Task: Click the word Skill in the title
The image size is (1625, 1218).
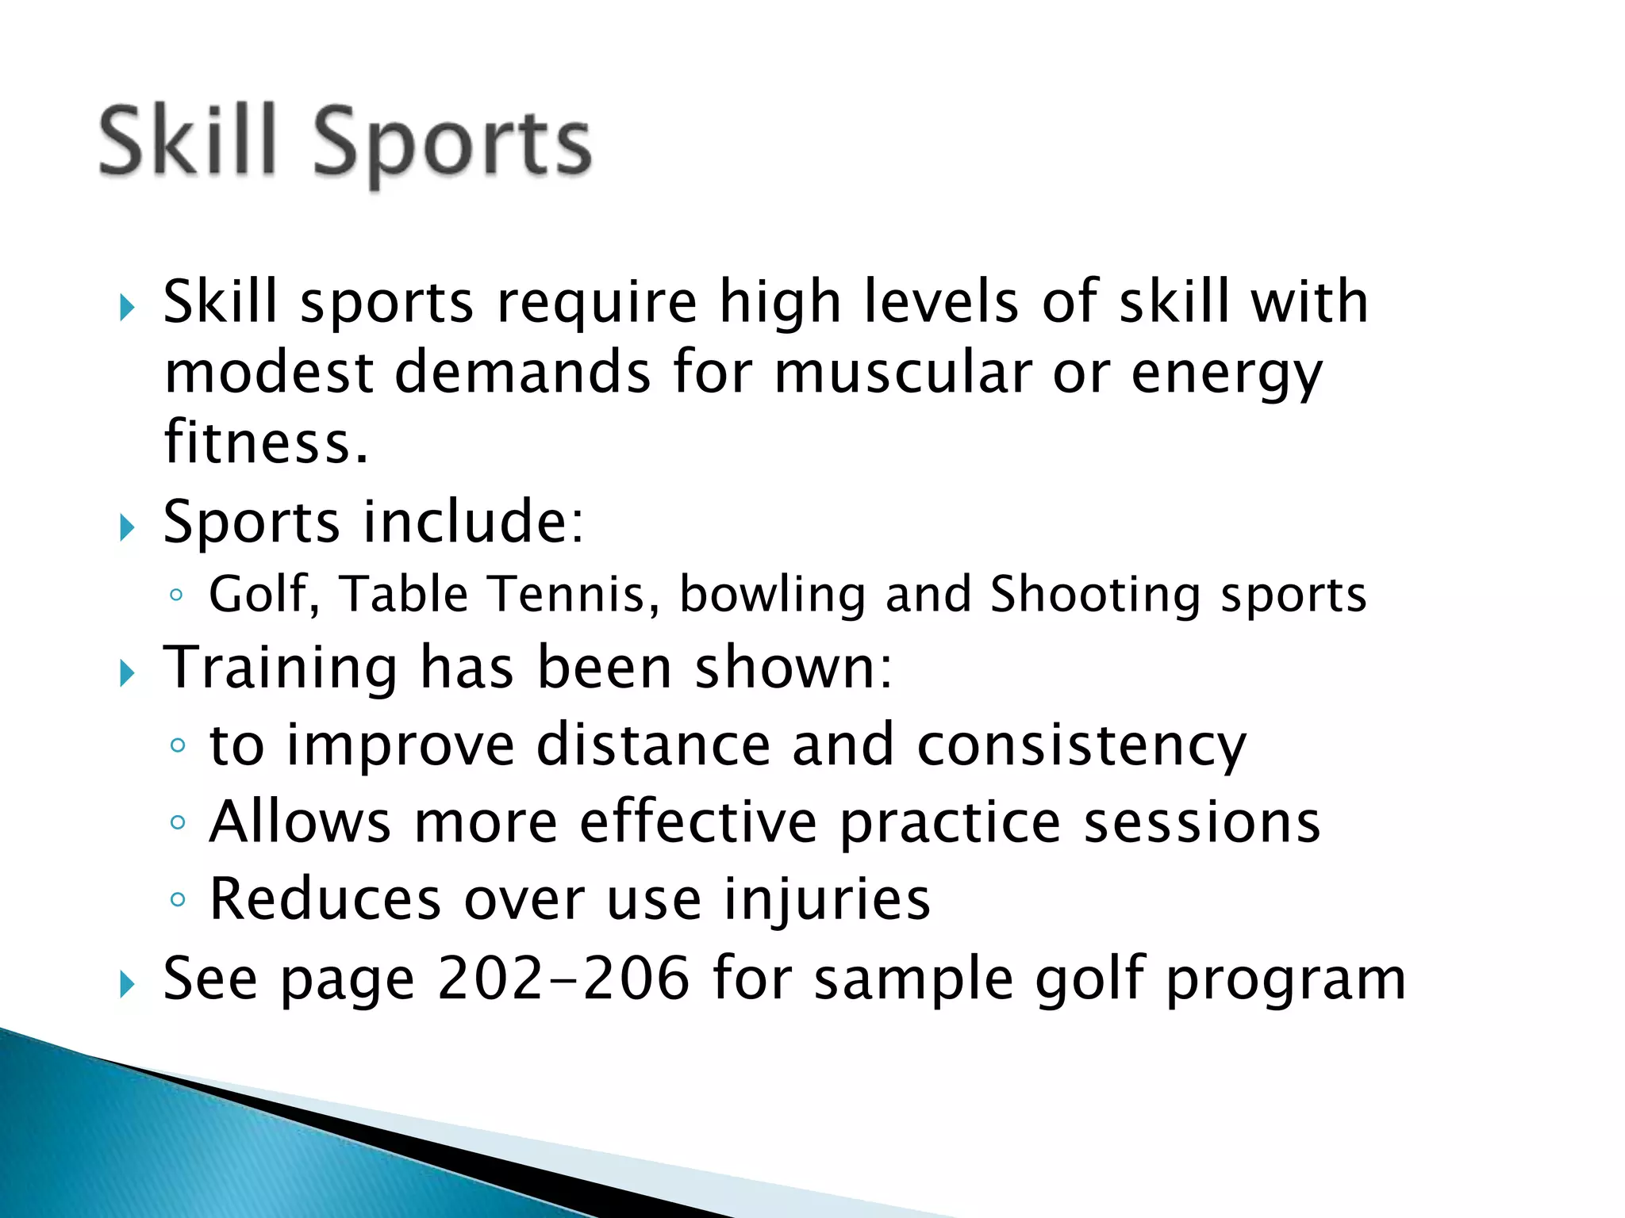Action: (187, 141)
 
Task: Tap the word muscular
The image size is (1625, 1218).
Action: (902, 373)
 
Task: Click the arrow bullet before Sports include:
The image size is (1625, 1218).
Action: (127, 527)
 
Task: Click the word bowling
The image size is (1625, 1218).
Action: (772, 596)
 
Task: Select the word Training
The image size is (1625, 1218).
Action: (280, 668)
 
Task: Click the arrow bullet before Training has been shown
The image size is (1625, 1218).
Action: (127, 674)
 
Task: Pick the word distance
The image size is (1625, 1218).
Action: (653, 745)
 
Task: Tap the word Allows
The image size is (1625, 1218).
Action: (300, 822)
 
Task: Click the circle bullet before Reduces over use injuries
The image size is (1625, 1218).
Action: (178, 899)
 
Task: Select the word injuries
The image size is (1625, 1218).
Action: (827, 900)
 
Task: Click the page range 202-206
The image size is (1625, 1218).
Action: (563, 979)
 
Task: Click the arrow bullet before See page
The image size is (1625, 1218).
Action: (127, 985)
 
